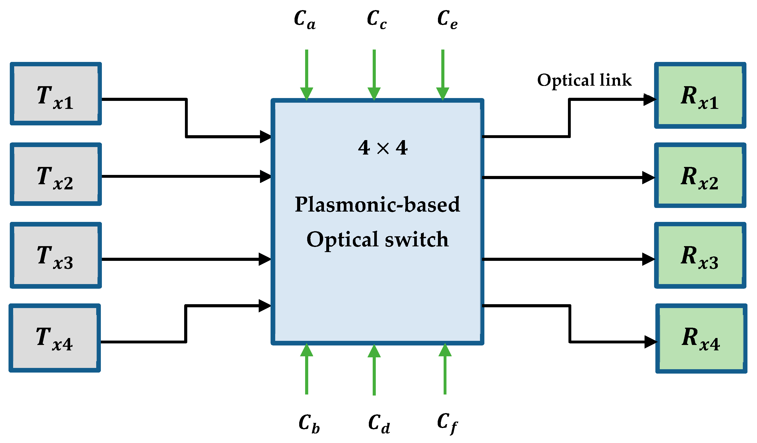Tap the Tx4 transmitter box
point(55,338)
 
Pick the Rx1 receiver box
point(700,95)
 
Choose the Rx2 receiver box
point(700,175)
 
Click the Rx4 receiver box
point(701,339)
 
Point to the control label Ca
point(305,19)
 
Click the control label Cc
point(376,19)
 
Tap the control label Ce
point(447,19)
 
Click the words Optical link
point(584,80)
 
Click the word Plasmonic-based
point(377,204)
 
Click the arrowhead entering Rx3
point(648,259)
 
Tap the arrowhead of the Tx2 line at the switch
point(265,176)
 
